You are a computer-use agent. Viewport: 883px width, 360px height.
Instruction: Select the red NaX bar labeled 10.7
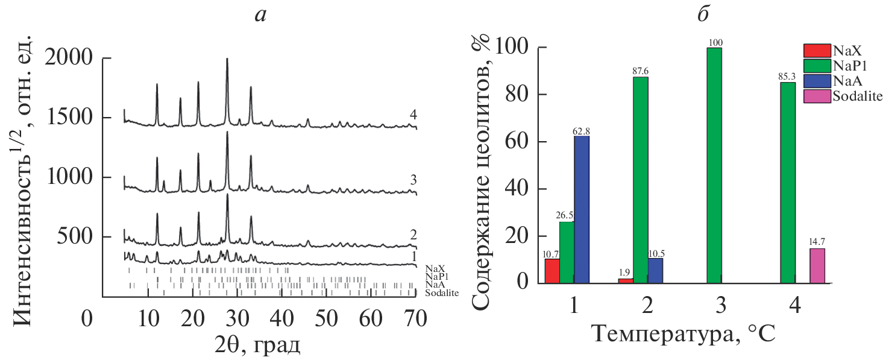pos(552,271)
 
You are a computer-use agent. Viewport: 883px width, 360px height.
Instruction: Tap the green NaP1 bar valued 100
pos(714,165)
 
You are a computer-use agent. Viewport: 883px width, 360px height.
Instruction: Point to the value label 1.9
pos(626,273)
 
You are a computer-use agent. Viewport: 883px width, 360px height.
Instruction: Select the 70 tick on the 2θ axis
pos(415,317)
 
